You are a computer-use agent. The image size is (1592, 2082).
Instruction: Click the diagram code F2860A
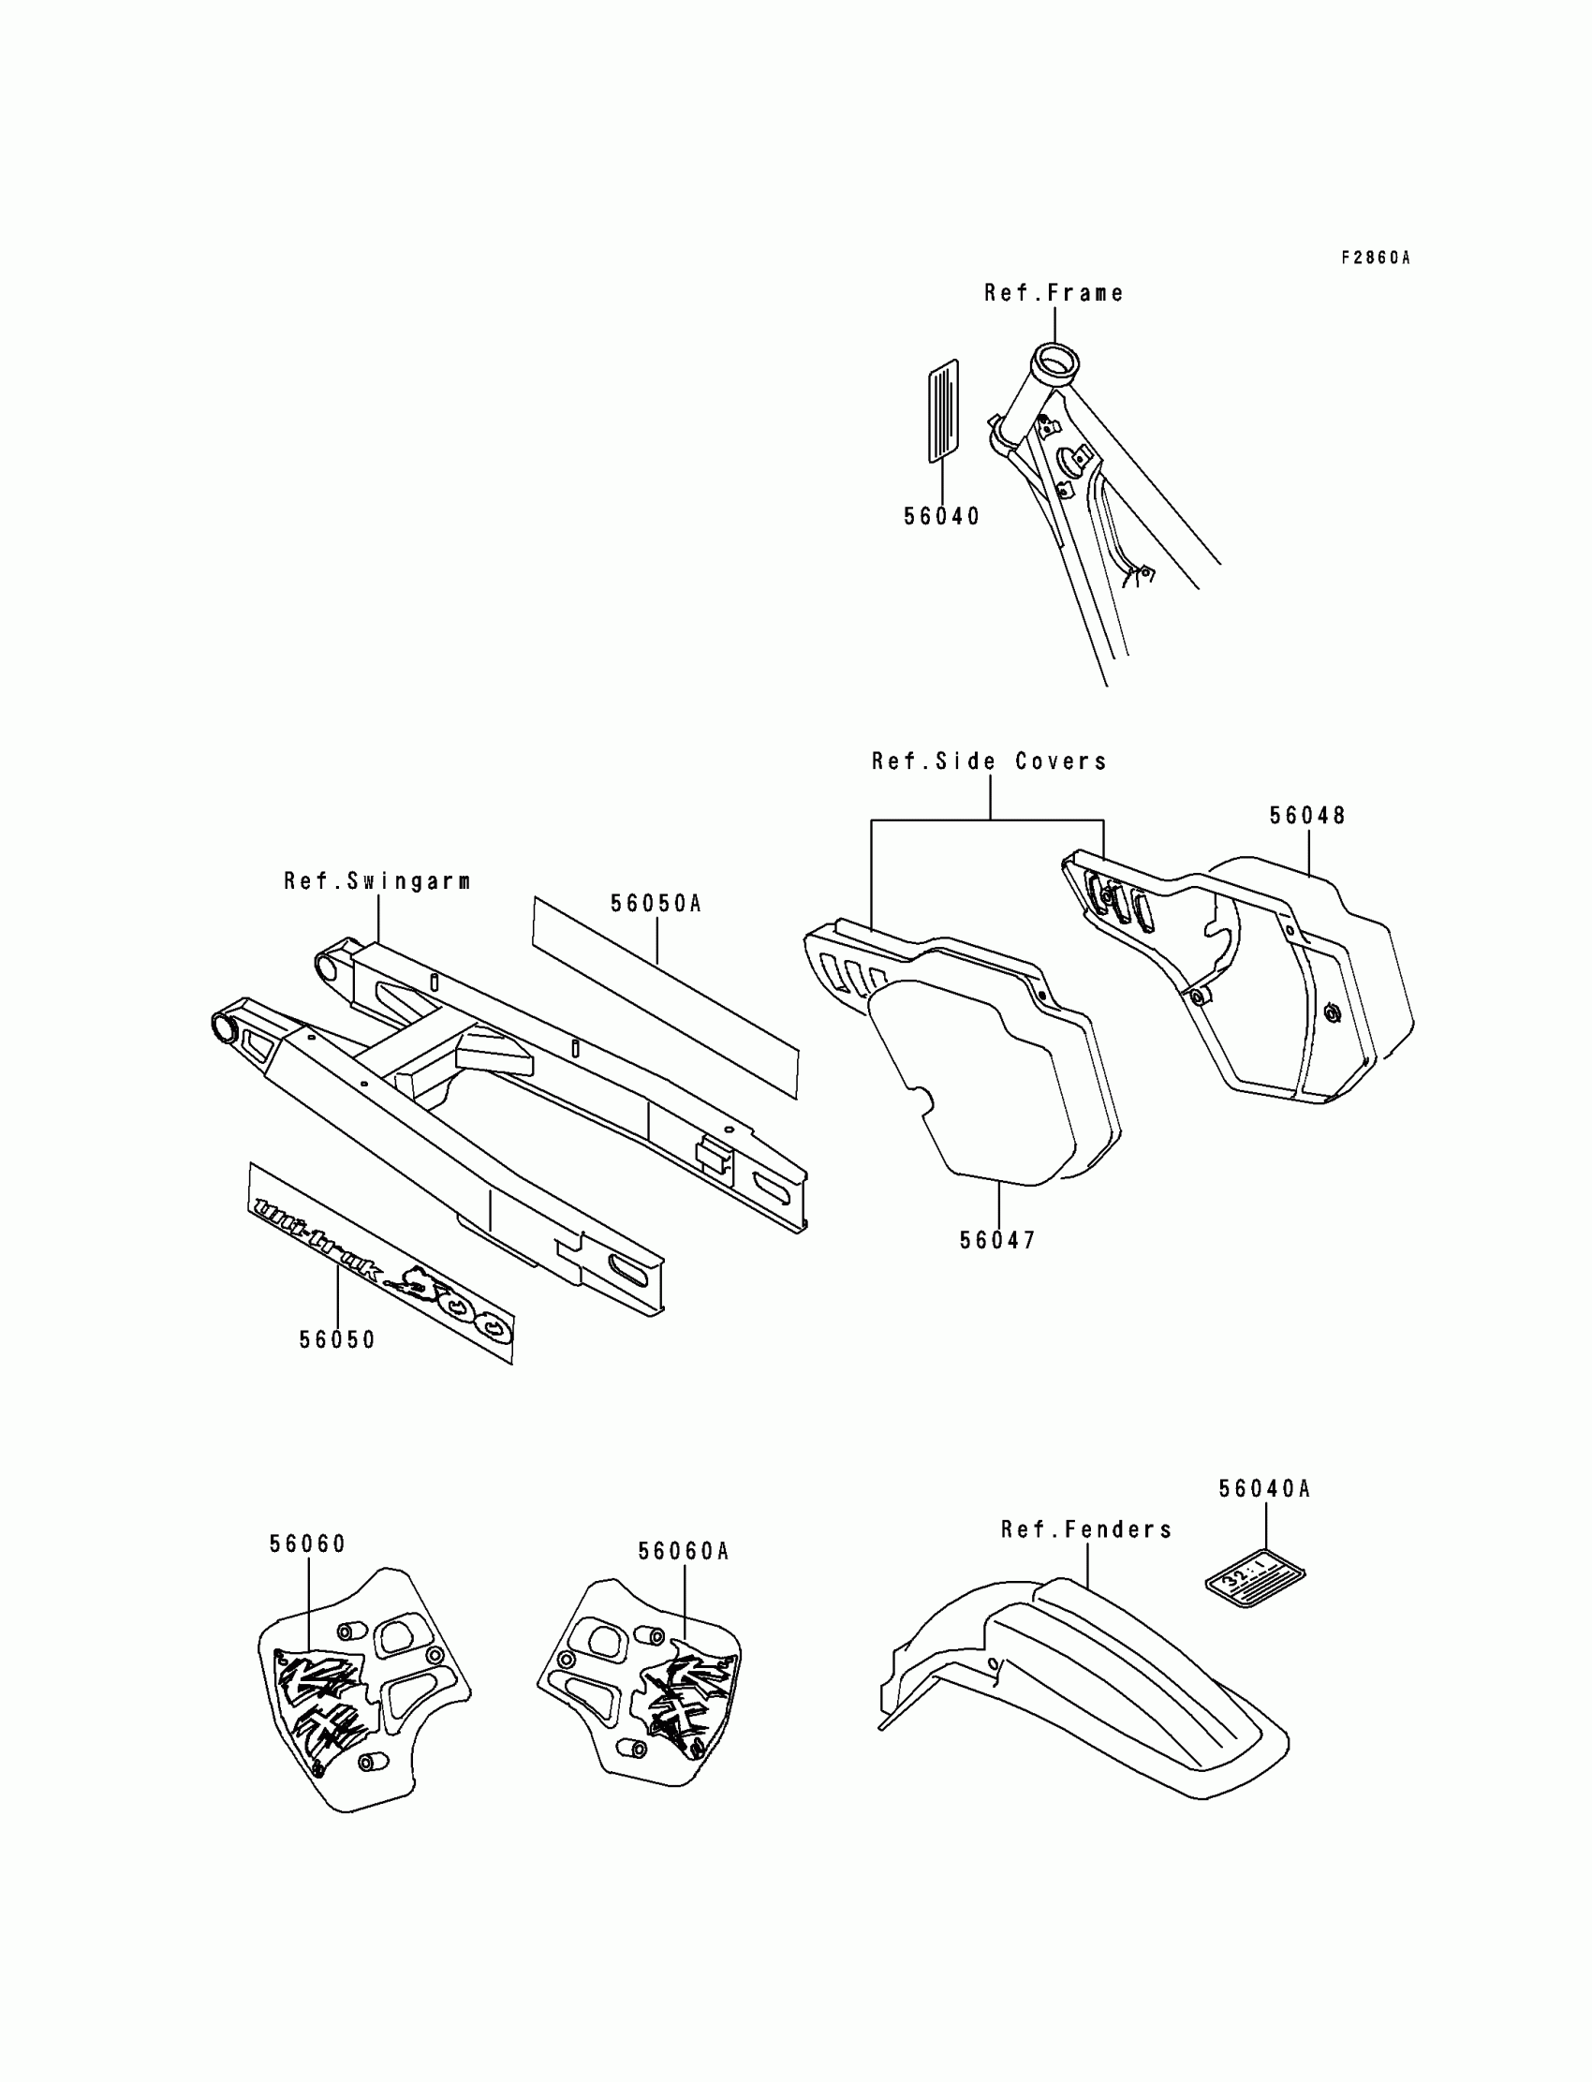1375,258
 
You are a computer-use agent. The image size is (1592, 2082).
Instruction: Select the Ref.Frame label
1054,293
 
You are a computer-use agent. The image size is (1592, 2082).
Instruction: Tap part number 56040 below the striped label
941,516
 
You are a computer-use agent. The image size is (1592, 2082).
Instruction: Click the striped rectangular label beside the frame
943,411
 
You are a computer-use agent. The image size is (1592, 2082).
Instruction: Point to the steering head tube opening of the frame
1054,362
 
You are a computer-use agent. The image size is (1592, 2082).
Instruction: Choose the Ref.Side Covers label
989,761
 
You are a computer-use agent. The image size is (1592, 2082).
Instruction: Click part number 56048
1307,815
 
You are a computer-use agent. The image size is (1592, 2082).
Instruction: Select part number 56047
998,1239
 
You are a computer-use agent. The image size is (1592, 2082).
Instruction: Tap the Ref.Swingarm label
377,880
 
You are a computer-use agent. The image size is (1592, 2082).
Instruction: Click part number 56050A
656,903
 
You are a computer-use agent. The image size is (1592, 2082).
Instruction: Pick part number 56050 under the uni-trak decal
337,1339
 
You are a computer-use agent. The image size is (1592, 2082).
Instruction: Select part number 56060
308,1543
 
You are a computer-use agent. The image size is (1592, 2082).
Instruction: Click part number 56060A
684,1551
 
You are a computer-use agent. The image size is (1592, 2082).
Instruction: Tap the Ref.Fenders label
1087,1529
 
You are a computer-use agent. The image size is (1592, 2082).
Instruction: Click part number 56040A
1264,1489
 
